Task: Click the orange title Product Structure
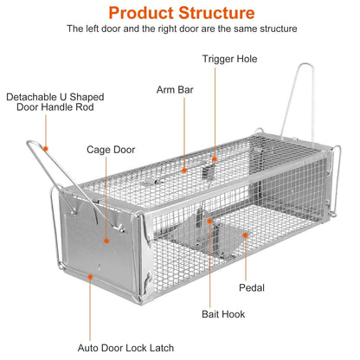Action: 180,13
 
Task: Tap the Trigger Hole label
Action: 229,59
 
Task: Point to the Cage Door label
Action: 108,148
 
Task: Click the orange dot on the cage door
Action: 106,241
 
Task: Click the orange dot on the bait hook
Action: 209,222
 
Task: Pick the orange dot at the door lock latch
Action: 89,276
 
